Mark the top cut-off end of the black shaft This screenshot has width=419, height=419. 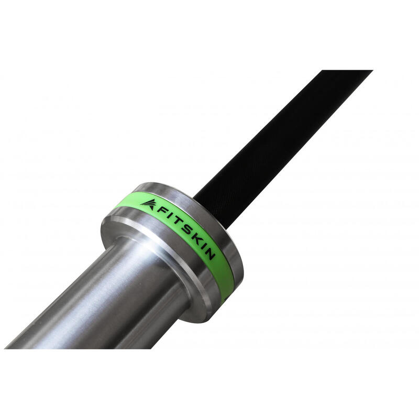click(x=347, y=71)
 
